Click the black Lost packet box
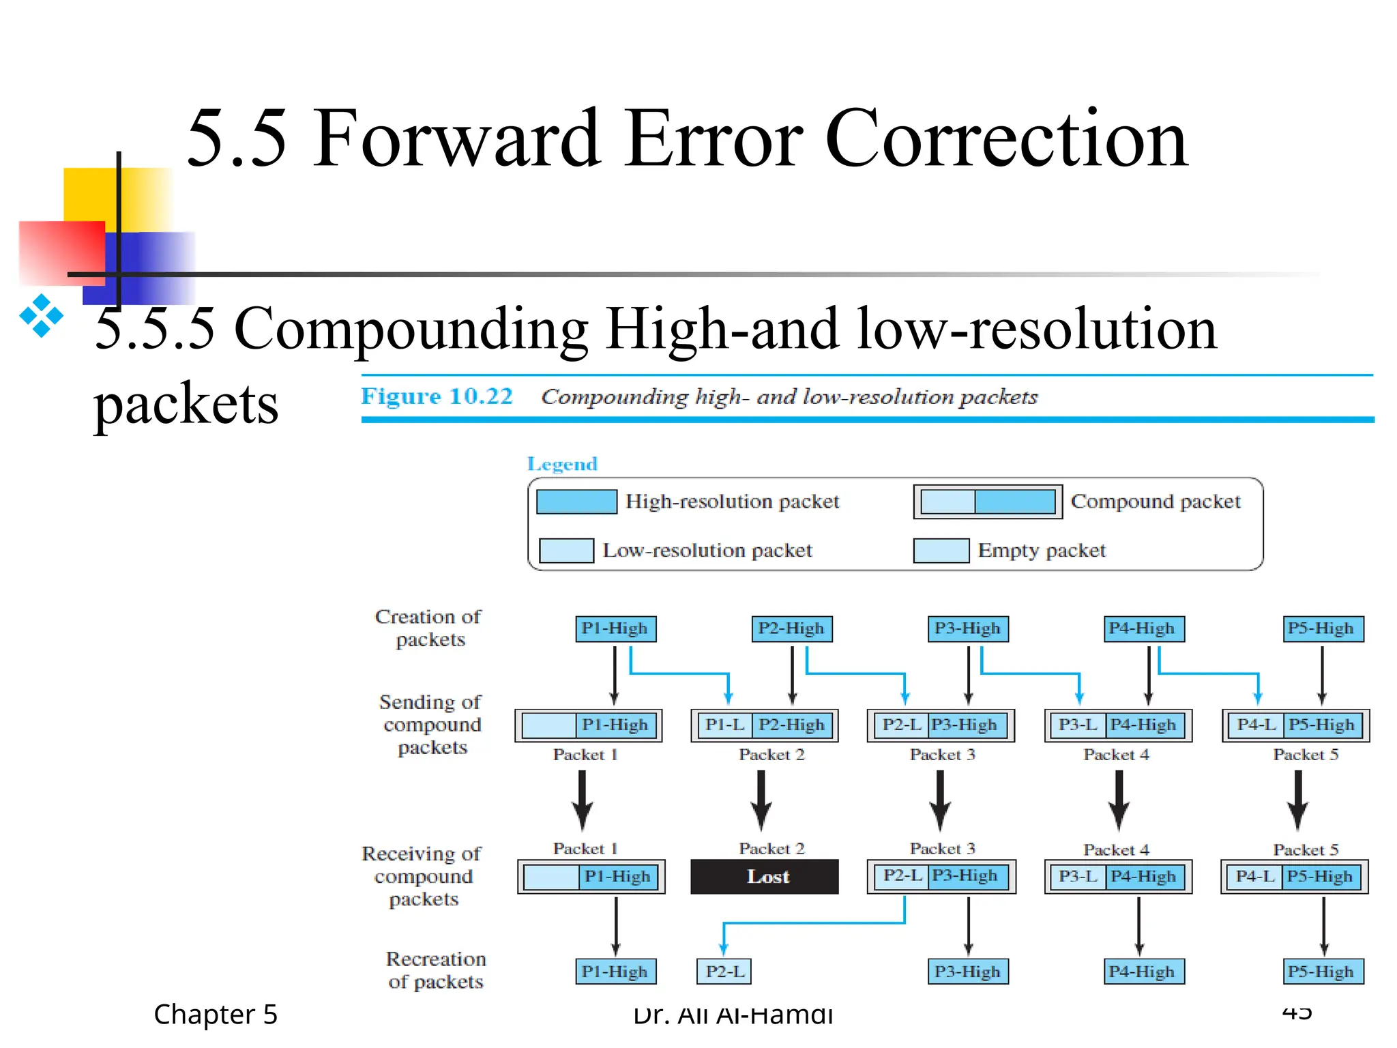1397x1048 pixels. point(765,877)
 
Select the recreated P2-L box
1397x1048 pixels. point(724,971)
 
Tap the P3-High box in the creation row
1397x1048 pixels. point(967,628)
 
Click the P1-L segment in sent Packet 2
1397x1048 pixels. point(724,725)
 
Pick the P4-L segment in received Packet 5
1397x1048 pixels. point(1254,876)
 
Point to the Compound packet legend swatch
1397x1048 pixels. point(988,502)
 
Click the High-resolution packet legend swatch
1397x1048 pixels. point(576,501)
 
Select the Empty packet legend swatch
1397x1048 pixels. point(941,551)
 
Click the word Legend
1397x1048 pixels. point(562,464)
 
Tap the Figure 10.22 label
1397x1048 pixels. point(437,396)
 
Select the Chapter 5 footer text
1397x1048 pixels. point(216,1015)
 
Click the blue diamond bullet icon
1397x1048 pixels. point(42,315)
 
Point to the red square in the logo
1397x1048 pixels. point(61,252)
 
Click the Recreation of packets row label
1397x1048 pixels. point(436,970)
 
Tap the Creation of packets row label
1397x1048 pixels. point(428,628)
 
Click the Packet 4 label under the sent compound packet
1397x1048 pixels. point(1116,755)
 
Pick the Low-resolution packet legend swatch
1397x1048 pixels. point(566,551)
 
